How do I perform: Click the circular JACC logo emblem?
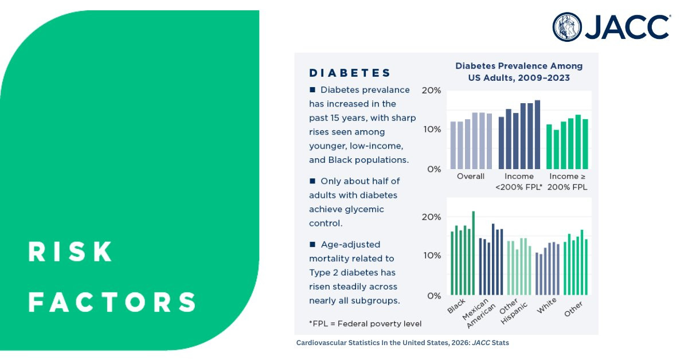coord(567,27)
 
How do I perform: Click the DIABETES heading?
coord(350,73)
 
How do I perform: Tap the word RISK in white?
coord(70,252)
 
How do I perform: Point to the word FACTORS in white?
coord(112,302)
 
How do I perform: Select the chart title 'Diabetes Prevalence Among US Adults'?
coord(519,72)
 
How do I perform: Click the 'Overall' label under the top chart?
coord(471,177)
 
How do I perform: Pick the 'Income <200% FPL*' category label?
coord(519,182)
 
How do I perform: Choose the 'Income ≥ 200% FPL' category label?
coord(567,182)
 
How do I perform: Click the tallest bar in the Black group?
coord(474,253)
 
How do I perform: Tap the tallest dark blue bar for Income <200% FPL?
coord(537,135)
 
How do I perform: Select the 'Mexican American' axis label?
coord(479,314)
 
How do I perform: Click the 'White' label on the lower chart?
coord(547,306)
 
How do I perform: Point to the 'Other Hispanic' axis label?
coord(513,311)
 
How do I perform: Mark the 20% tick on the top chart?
coord(431,91)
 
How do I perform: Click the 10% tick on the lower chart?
coord(432,255)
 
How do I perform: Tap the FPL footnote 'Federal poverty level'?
coord(365,324)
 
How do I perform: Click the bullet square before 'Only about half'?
coord(312,181)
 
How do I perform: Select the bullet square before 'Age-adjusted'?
coord(312,244)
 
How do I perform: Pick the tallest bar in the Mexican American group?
coord(493,259)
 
